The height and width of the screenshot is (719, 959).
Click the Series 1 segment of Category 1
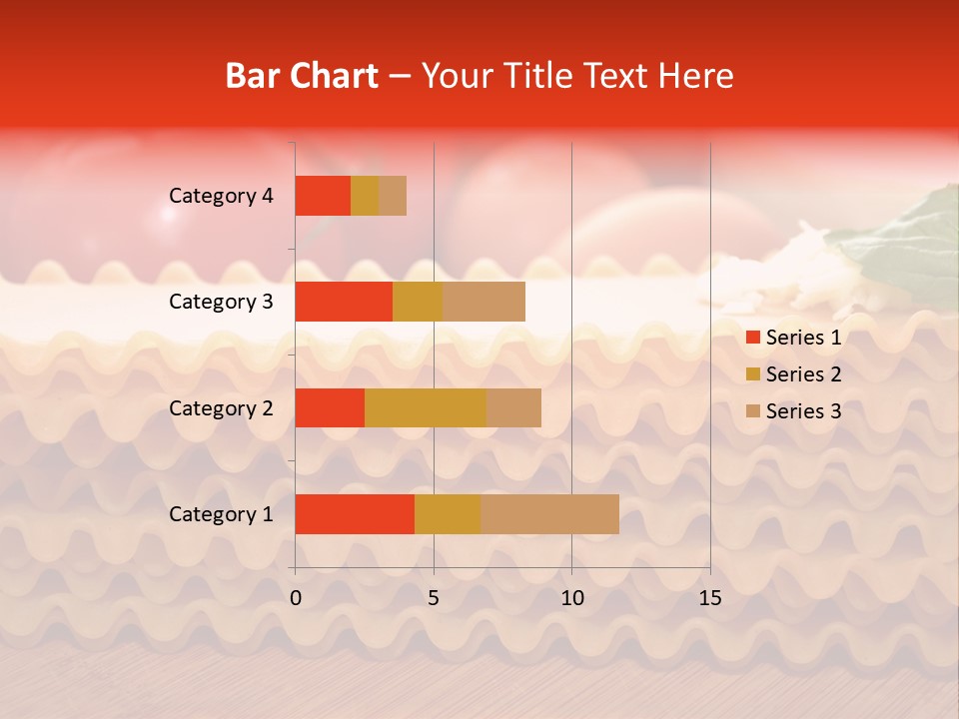[x=355, y=514]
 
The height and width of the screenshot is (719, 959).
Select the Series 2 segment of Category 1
[x=448, y=514]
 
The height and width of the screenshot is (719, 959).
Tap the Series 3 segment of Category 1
[x=549, y=514]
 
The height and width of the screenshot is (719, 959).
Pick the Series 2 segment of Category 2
[x=426, y=407]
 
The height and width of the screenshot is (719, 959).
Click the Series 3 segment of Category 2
[x=513, y=407]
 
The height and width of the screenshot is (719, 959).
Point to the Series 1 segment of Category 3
[x=344, y=302]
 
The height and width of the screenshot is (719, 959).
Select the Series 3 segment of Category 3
[x=483, y=302]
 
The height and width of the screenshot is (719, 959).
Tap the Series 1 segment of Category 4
[x=323, y=196]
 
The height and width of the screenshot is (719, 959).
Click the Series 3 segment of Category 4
[x=393, y=196]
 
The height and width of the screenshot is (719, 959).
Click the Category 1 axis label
[x=220, y=514]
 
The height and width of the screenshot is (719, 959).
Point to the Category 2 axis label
[x=220, y=407]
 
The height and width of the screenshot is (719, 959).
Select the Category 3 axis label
[x=220, y=302]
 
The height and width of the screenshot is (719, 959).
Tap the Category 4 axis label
[x=220, y=196]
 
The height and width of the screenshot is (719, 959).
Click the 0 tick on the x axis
[x=296, y=598]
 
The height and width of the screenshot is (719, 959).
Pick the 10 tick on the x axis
[x=571, y=598]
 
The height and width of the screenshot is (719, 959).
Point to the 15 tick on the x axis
[x=709, y=598]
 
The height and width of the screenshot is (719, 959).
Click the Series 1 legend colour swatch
[x=752, y=338]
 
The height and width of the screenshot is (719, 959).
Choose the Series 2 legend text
[x=803, y=374]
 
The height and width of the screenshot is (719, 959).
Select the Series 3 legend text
[x=803, y=411]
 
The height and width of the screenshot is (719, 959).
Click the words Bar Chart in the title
[x=302, y=76]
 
